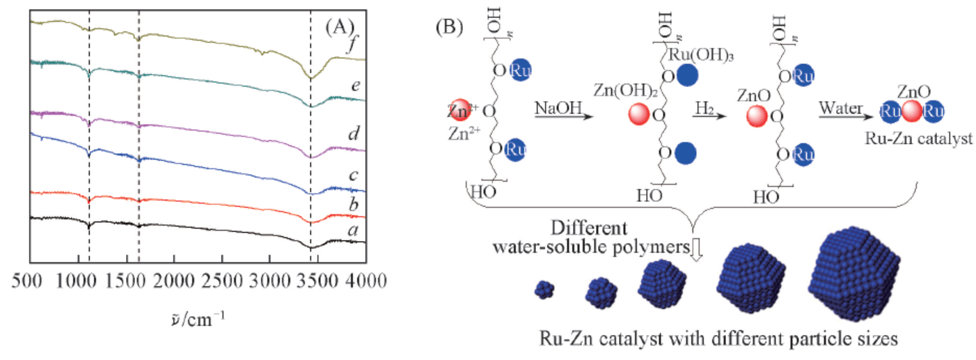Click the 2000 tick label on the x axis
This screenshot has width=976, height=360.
[174, 281]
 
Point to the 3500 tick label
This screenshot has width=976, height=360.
[317, 281]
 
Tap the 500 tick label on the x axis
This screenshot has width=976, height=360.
[27, 281]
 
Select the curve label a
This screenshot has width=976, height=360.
[354, 230]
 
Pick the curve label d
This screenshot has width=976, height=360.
[354, 133]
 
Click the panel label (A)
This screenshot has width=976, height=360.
[340, 27]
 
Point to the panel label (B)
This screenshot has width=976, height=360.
[449, 27]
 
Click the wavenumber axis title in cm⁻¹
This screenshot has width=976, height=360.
[198, 319]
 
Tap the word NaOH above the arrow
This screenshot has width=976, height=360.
[558, 108]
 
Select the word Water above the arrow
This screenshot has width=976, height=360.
[840, 108]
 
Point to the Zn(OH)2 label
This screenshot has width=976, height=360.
[626, 91]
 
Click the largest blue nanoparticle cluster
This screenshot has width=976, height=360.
[854, 274]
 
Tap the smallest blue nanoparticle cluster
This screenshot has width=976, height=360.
[544, 290]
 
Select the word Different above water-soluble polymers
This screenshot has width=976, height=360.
[589, 228]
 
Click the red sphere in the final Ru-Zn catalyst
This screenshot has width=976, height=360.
[912, 111]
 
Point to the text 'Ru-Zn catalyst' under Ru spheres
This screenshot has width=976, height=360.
[918, 138]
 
